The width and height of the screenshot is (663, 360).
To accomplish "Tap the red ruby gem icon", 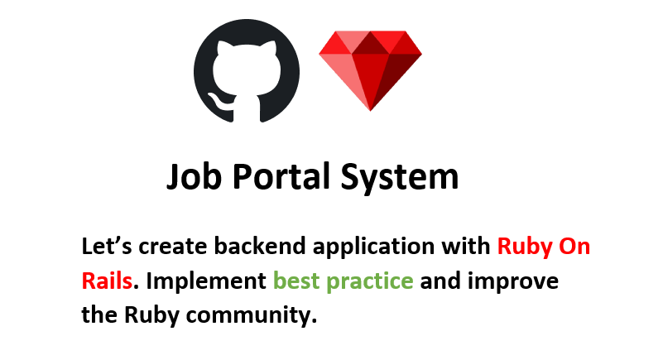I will point(370,69).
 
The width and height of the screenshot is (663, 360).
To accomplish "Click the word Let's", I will point(107,247).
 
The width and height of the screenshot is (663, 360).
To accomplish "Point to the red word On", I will point(575,247).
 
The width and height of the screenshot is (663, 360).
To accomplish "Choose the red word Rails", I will point(107,281).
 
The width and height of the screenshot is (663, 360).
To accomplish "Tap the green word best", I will point(295,281).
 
